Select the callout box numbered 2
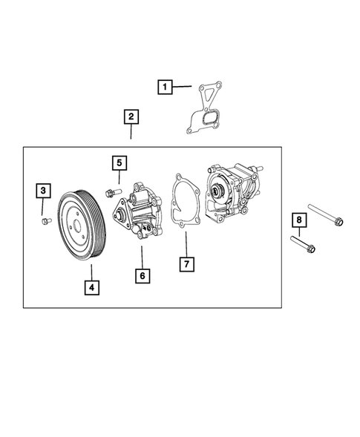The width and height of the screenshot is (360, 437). pos(131,116)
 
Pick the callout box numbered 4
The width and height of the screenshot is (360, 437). pos(91,287)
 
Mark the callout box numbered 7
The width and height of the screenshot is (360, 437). pos(186,263)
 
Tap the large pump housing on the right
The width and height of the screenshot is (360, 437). pos(234,195)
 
